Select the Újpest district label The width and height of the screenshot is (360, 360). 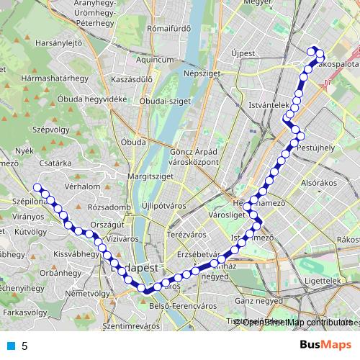point(244,54)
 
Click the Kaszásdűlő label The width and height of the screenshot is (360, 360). point(127,79)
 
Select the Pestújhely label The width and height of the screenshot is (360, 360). point(317,147)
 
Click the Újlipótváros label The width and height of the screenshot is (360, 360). point(165,205)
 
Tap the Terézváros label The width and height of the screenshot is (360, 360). point(187,235)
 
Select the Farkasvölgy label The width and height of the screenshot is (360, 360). point(19,313)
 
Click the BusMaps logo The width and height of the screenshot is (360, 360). point(325,345)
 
